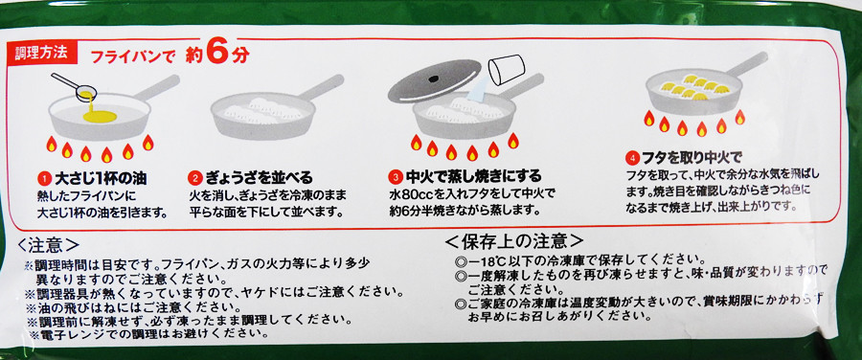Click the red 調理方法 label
click(x=42, y=53)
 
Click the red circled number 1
click(x=44, y=178)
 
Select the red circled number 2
click(x=195, y=178)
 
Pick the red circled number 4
click(x=632, y=159)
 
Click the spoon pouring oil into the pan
click(x=75, y=86)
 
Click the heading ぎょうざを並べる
click(x=260, y=178)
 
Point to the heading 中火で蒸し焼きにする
click(x=474, y=177)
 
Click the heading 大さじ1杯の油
click(x=101, y=178)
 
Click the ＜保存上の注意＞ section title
click(x=513, y=240)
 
